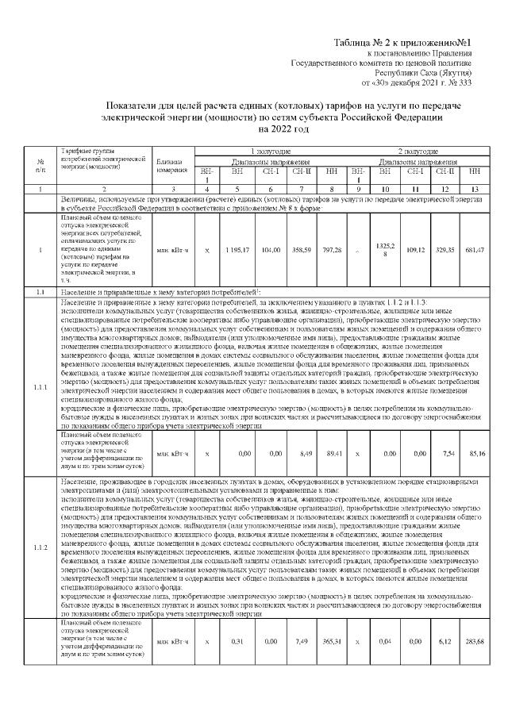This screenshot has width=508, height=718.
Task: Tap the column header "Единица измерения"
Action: pyautogui.click(x=171, y=164)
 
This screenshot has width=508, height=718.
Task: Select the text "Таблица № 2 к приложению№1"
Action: pyautogui.click(x=404, y=41)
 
